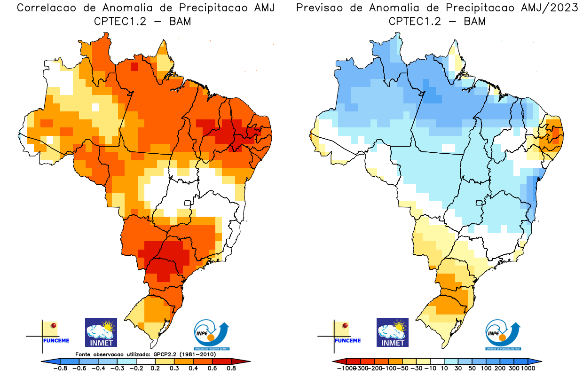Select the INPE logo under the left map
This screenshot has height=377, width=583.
(x=213, y=335)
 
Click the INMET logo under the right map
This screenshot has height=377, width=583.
(x=393, y=332)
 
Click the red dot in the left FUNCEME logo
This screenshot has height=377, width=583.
(x=54, y=325)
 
